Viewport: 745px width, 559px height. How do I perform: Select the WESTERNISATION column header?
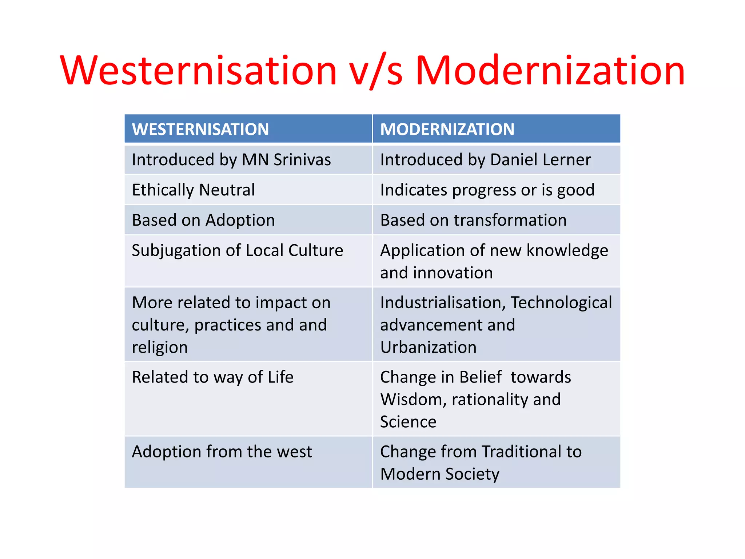click(200, 129)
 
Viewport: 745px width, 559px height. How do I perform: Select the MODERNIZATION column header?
click(447, 129)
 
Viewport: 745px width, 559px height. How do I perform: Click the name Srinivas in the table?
click(302, 160)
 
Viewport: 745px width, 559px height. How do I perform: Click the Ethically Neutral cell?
click(193, 190)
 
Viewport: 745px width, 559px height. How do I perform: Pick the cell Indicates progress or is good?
click(487, 190)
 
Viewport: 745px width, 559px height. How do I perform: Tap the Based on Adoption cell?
click(203, 220)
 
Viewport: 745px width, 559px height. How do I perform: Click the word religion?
click(160, 348)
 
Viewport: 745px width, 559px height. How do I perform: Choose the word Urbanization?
click(428, 347)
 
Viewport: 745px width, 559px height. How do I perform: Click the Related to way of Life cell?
click(212, 377)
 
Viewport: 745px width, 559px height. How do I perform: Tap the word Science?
click(408, 422)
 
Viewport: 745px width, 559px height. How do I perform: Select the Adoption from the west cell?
click(222, 452)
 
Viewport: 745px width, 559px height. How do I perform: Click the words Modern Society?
click(439, 474)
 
